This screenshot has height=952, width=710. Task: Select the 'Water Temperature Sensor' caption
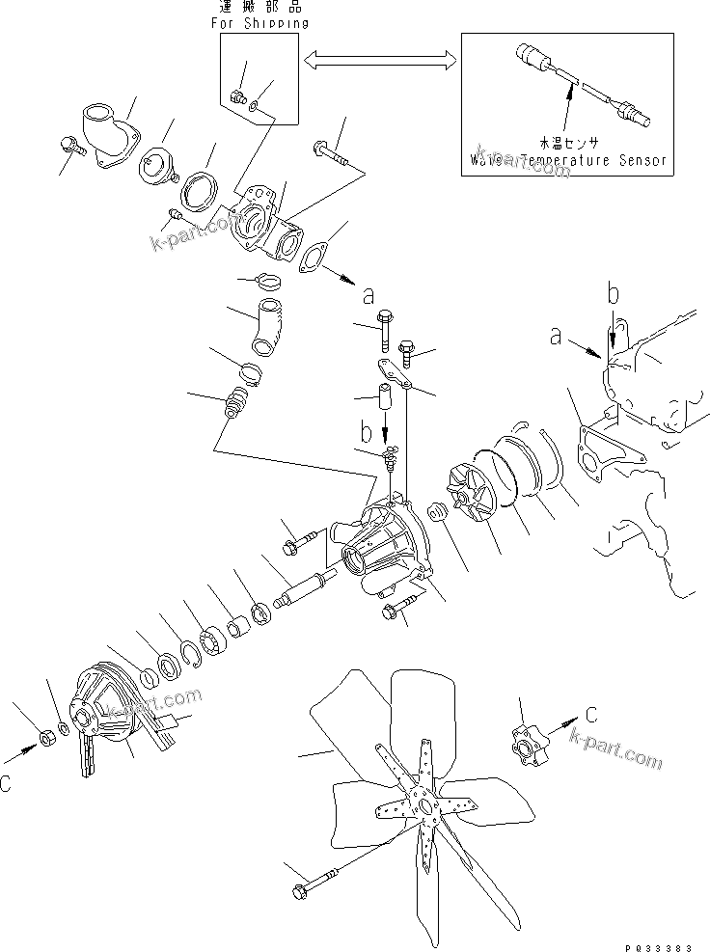click(x=569, y=159)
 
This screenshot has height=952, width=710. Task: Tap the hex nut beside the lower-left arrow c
click(x=44, y=739)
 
